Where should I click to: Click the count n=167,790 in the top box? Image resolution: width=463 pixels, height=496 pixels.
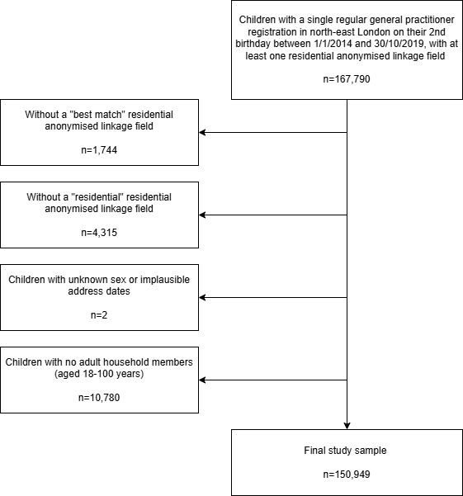347,79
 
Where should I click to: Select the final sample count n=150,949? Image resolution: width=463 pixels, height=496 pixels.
347,475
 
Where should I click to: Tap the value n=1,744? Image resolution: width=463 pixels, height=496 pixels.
99,150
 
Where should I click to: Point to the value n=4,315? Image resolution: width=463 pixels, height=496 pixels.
99,233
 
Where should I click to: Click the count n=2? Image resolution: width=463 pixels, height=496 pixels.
99,315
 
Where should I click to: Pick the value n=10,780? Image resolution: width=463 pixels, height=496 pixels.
99,398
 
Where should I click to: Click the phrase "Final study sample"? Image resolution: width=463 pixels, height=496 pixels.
345,451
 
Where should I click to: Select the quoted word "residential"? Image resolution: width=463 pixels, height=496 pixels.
97,196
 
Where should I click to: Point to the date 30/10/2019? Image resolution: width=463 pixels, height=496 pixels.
399,44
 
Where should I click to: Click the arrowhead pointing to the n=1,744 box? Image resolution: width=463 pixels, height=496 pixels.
202,133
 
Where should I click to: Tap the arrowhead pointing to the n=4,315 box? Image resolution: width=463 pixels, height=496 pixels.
202,215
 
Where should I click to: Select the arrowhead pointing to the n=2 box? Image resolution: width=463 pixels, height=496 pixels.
202,298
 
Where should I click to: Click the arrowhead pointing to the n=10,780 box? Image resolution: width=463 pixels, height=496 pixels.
202,380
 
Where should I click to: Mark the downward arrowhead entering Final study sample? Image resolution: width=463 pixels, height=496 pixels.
347,426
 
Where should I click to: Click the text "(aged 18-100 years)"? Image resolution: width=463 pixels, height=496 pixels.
99,374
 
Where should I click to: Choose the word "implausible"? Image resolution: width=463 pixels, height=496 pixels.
165,280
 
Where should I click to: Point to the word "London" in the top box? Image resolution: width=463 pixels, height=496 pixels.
372,32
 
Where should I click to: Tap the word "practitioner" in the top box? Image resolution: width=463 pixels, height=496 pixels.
430,20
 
